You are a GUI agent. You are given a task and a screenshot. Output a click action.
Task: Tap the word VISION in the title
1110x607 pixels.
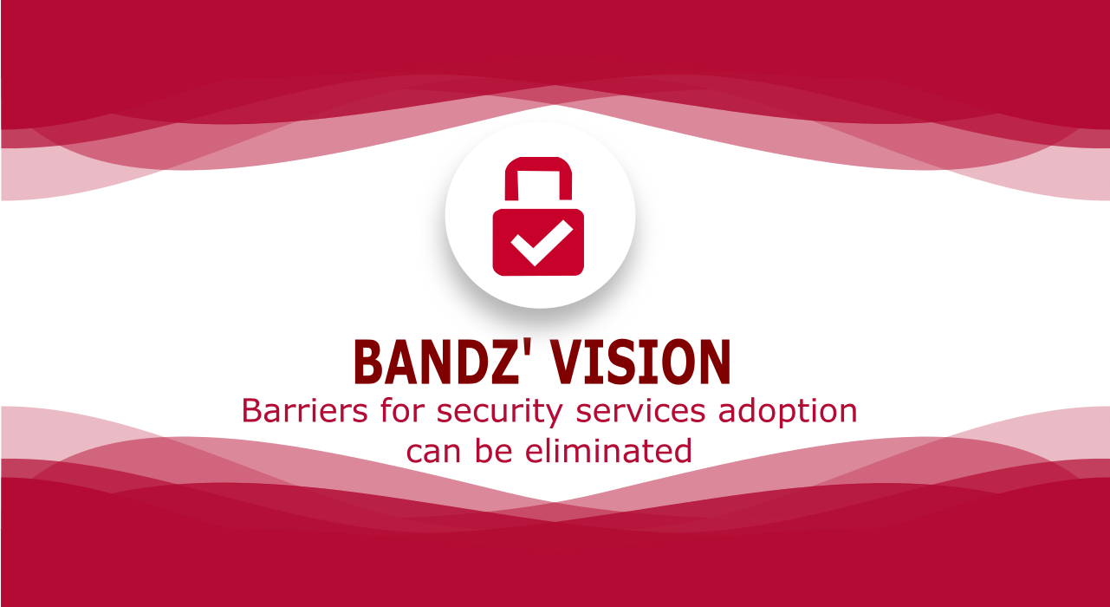point(641,362)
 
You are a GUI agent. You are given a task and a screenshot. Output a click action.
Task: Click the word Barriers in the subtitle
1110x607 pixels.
point(305,411)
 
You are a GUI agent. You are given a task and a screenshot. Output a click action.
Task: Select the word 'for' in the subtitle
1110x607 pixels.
point(402,410)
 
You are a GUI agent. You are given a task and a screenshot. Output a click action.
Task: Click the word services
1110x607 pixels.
point(640,411)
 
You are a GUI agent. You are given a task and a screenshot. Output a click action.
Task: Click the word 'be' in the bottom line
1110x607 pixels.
point(494,450)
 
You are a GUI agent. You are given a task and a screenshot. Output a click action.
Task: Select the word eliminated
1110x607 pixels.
point(608,450)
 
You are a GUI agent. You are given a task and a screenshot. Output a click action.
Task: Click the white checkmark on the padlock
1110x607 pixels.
point(542,243)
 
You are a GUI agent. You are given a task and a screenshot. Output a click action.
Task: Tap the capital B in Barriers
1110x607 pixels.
point(252,411)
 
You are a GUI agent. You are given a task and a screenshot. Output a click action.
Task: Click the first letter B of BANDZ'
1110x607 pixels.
point(371,362)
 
